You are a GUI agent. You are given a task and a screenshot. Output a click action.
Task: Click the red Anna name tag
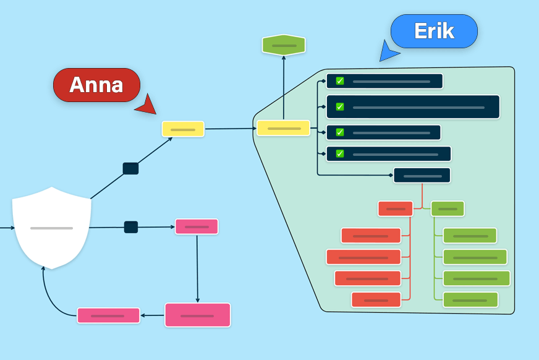tap(96, 85)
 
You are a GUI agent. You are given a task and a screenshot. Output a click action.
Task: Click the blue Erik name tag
tap(434, 31)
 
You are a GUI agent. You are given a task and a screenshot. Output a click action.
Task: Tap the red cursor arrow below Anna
tap(148, 106)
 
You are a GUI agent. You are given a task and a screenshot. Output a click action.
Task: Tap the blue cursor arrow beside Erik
tap(388, 52)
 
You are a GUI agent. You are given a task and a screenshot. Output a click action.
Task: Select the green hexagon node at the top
tap(284, 45)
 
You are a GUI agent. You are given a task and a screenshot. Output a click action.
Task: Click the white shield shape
tap(52, 228)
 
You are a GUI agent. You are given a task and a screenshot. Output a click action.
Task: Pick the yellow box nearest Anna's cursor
tap(183, 129)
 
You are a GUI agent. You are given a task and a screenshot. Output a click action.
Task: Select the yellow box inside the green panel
tap(283, 128)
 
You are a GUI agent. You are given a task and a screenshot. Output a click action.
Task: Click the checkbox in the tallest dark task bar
tap(339, 107)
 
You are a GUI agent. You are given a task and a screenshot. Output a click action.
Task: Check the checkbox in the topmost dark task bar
tap(339, 81)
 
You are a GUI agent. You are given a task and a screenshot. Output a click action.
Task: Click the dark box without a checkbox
tap(422, 176)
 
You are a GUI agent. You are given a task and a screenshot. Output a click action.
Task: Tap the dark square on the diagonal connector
tap(130, 168)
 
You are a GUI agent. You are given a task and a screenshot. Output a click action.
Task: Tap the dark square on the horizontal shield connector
tap(130, 227)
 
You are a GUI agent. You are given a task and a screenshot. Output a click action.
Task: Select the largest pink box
tap(197, 315)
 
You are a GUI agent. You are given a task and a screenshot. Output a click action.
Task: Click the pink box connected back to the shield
tap(108, 315)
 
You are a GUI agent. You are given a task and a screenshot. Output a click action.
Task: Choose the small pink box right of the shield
tap(197, 226)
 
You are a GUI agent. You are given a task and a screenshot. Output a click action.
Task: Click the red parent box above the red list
tap(395, 208)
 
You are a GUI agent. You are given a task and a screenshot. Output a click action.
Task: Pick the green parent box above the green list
tap(448, 208)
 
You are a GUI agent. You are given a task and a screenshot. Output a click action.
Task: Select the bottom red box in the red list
tap(376, 300)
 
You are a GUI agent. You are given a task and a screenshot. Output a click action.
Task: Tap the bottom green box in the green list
tap(470, 300)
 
